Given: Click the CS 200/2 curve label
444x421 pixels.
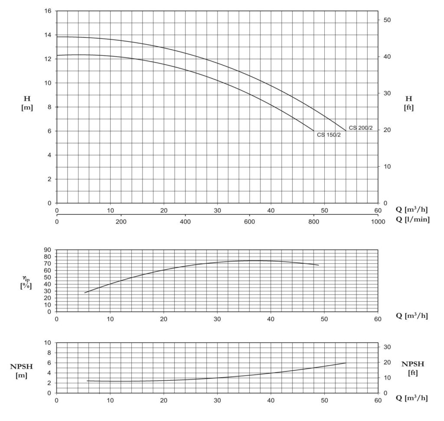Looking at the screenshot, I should point(360,128).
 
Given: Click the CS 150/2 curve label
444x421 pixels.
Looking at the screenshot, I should point(329,135).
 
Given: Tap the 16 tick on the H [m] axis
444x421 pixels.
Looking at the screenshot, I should point(48,11).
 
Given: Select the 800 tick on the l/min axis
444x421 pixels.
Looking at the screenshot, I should point(313,221).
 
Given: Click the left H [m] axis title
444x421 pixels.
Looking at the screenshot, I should point(27,103).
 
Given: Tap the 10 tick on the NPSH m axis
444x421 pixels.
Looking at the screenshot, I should point(48,343).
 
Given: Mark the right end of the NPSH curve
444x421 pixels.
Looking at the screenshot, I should point(346,363).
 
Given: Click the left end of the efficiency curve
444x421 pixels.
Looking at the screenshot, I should point(85,293).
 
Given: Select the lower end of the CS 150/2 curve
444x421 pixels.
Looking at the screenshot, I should point(313,131).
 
